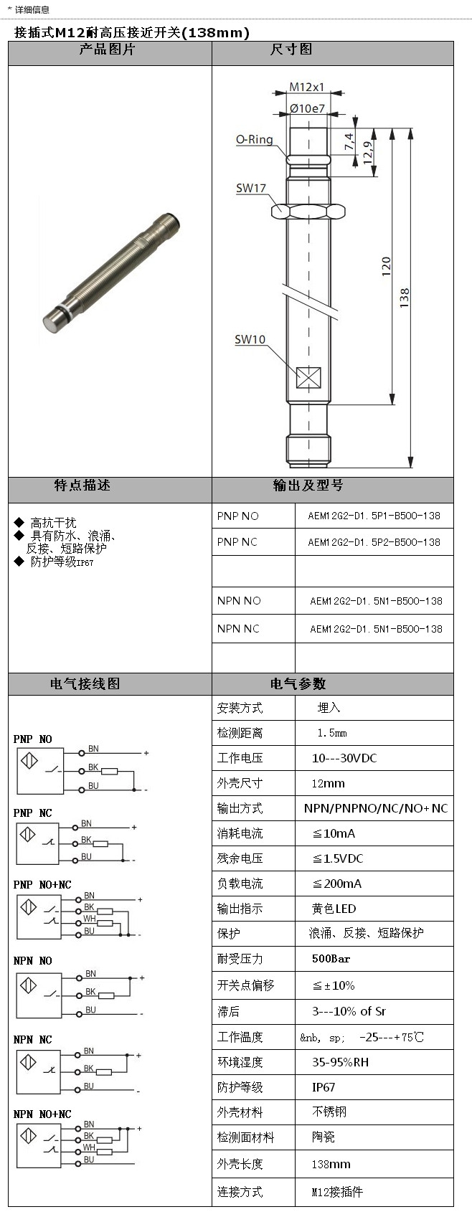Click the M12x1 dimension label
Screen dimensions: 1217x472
tap(306, 87)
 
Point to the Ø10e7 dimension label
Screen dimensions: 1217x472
tap(307, 108)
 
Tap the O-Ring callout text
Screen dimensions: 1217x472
tap(255, 139)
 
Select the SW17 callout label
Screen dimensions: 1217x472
tap(250, 188)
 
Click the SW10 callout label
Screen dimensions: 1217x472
tap(250, 339)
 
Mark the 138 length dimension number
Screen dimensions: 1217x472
tap(405, 297)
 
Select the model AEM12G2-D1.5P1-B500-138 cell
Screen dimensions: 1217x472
tap(374, 516)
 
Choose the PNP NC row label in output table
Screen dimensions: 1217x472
tap(237, 542)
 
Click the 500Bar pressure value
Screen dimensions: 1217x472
tap(331, 958)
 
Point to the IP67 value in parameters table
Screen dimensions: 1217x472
tap(324, 1087)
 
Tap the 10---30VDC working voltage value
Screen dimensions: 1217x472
tap(344, 758)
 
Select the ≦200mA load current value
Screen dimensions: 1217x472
tap(336, 884)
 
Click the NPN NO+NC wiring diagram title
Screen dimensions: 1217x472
tap(42, 1114)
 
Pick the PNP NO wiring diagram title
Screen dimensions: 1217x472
tap(32, 739)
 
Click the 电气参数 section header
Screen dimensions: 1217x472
tap(298, 683)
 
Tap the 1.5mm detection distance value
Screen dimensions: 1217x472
tap(331, 733)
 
